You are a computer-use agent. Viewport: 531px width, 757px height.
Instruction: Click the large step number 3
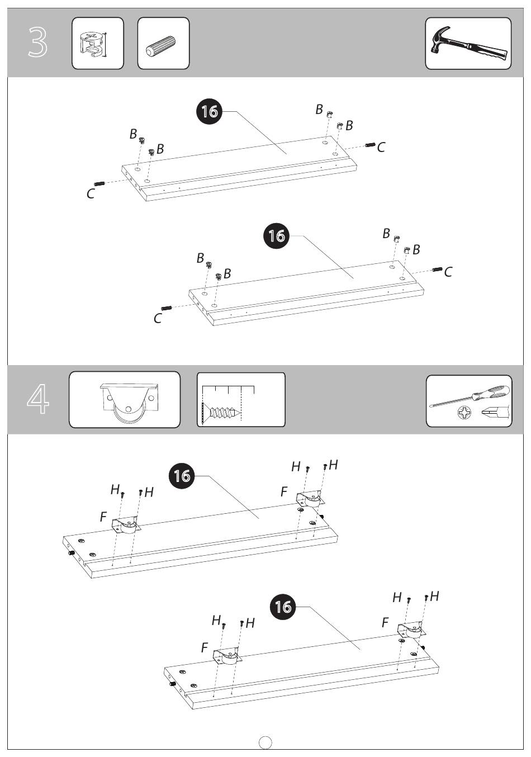37,42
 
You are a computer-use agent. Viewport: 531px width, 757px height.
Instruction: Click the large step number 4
38,399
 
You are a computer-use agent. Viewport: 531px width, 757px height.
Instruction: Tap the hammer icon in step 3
469,43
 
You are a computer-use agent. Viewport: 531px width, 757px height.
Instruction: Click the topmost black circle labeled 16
210,111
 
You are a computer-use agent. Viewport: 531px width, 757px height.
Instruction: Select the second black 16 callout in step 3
276,235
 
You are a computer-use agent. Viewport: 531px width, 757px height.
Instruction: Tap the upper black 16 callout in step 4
182,476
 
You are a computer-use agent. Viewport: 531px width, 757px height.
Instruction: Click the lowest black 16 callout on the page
283,607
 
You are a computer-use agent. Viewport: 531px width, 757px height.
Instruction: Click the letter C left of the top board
90,194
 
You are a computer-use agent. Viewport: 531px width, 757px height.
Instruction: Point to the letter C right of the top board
381,148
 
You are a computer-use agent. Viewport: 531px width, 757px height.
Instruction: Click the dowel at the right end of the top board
370,145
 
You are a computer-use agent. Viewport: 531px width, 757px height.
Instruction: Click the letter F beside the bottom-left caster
205,647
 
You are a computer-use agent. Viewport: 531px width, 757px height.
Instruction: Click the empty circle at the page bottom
265,742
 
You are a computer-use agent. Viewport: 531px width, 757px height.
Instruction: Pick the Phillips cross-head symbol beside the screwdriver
464,413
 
